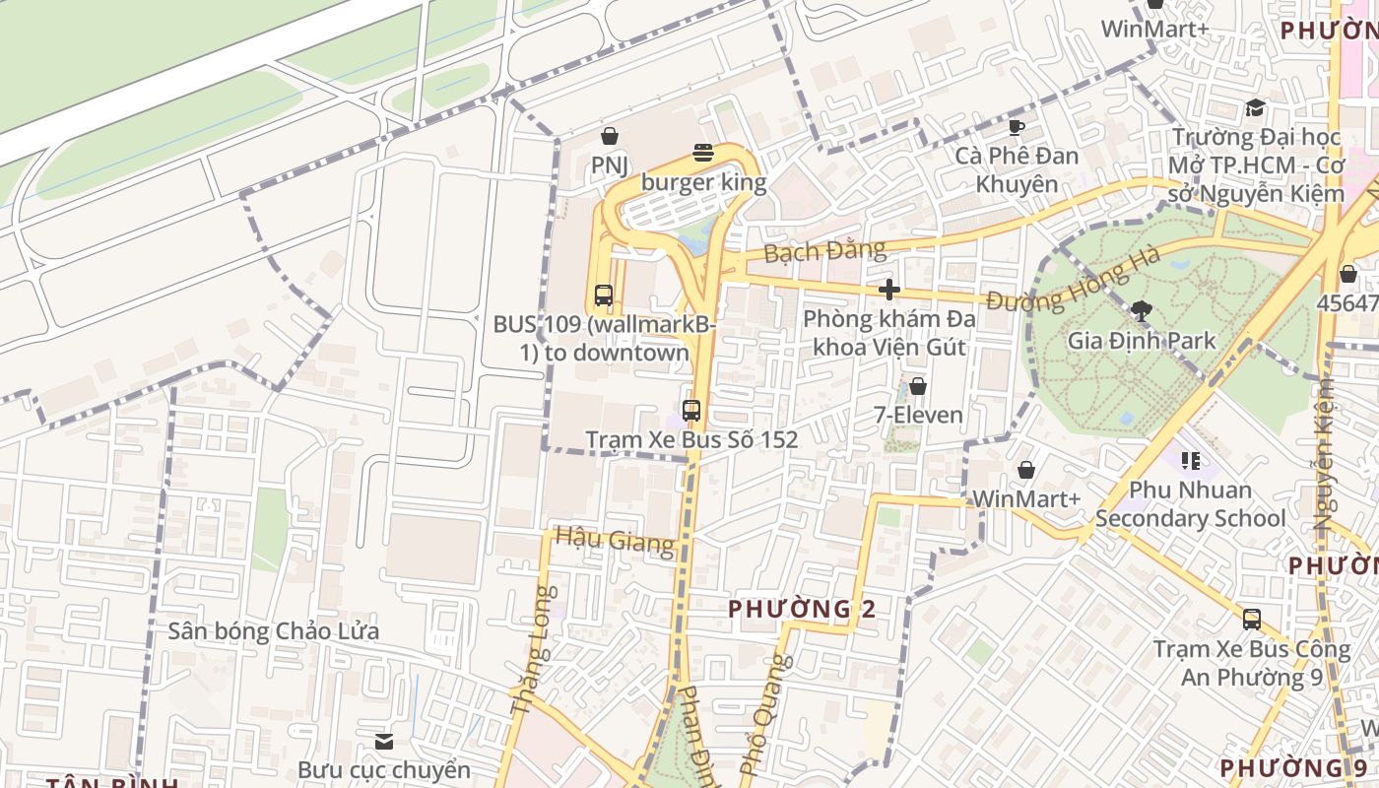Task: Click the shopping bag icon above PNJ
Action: point(609,136)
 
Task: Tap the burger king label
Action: point(703,183)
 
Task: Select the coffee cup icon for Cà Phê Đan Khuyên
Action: point(1017,127)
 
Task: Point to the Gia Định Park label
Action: point(1142,341)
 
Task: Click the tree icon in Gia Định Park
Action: point(1142,311)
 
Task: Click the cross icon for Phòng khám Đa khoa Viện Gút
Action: point(889,289)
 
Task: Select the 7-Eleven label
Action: point(918,415)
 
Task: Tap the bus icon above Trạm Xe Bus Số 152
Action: point(691,411)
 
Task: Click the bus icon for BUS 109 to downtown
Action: point(604,295)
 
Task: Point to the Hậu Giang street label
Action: point(615,539)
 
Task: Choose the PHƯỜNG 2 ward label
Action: point(802,609)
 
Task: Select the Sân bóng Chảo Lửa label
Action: point(273,630)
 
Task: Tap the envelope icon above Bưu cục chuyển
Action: point(384,741)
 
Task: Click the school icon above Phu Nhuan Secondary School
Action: point(1191,460)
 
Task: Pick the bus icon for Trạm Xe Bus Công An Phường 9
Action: point(1251,620)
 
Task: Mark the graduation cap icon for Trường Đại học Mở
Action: point(1255,107)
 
